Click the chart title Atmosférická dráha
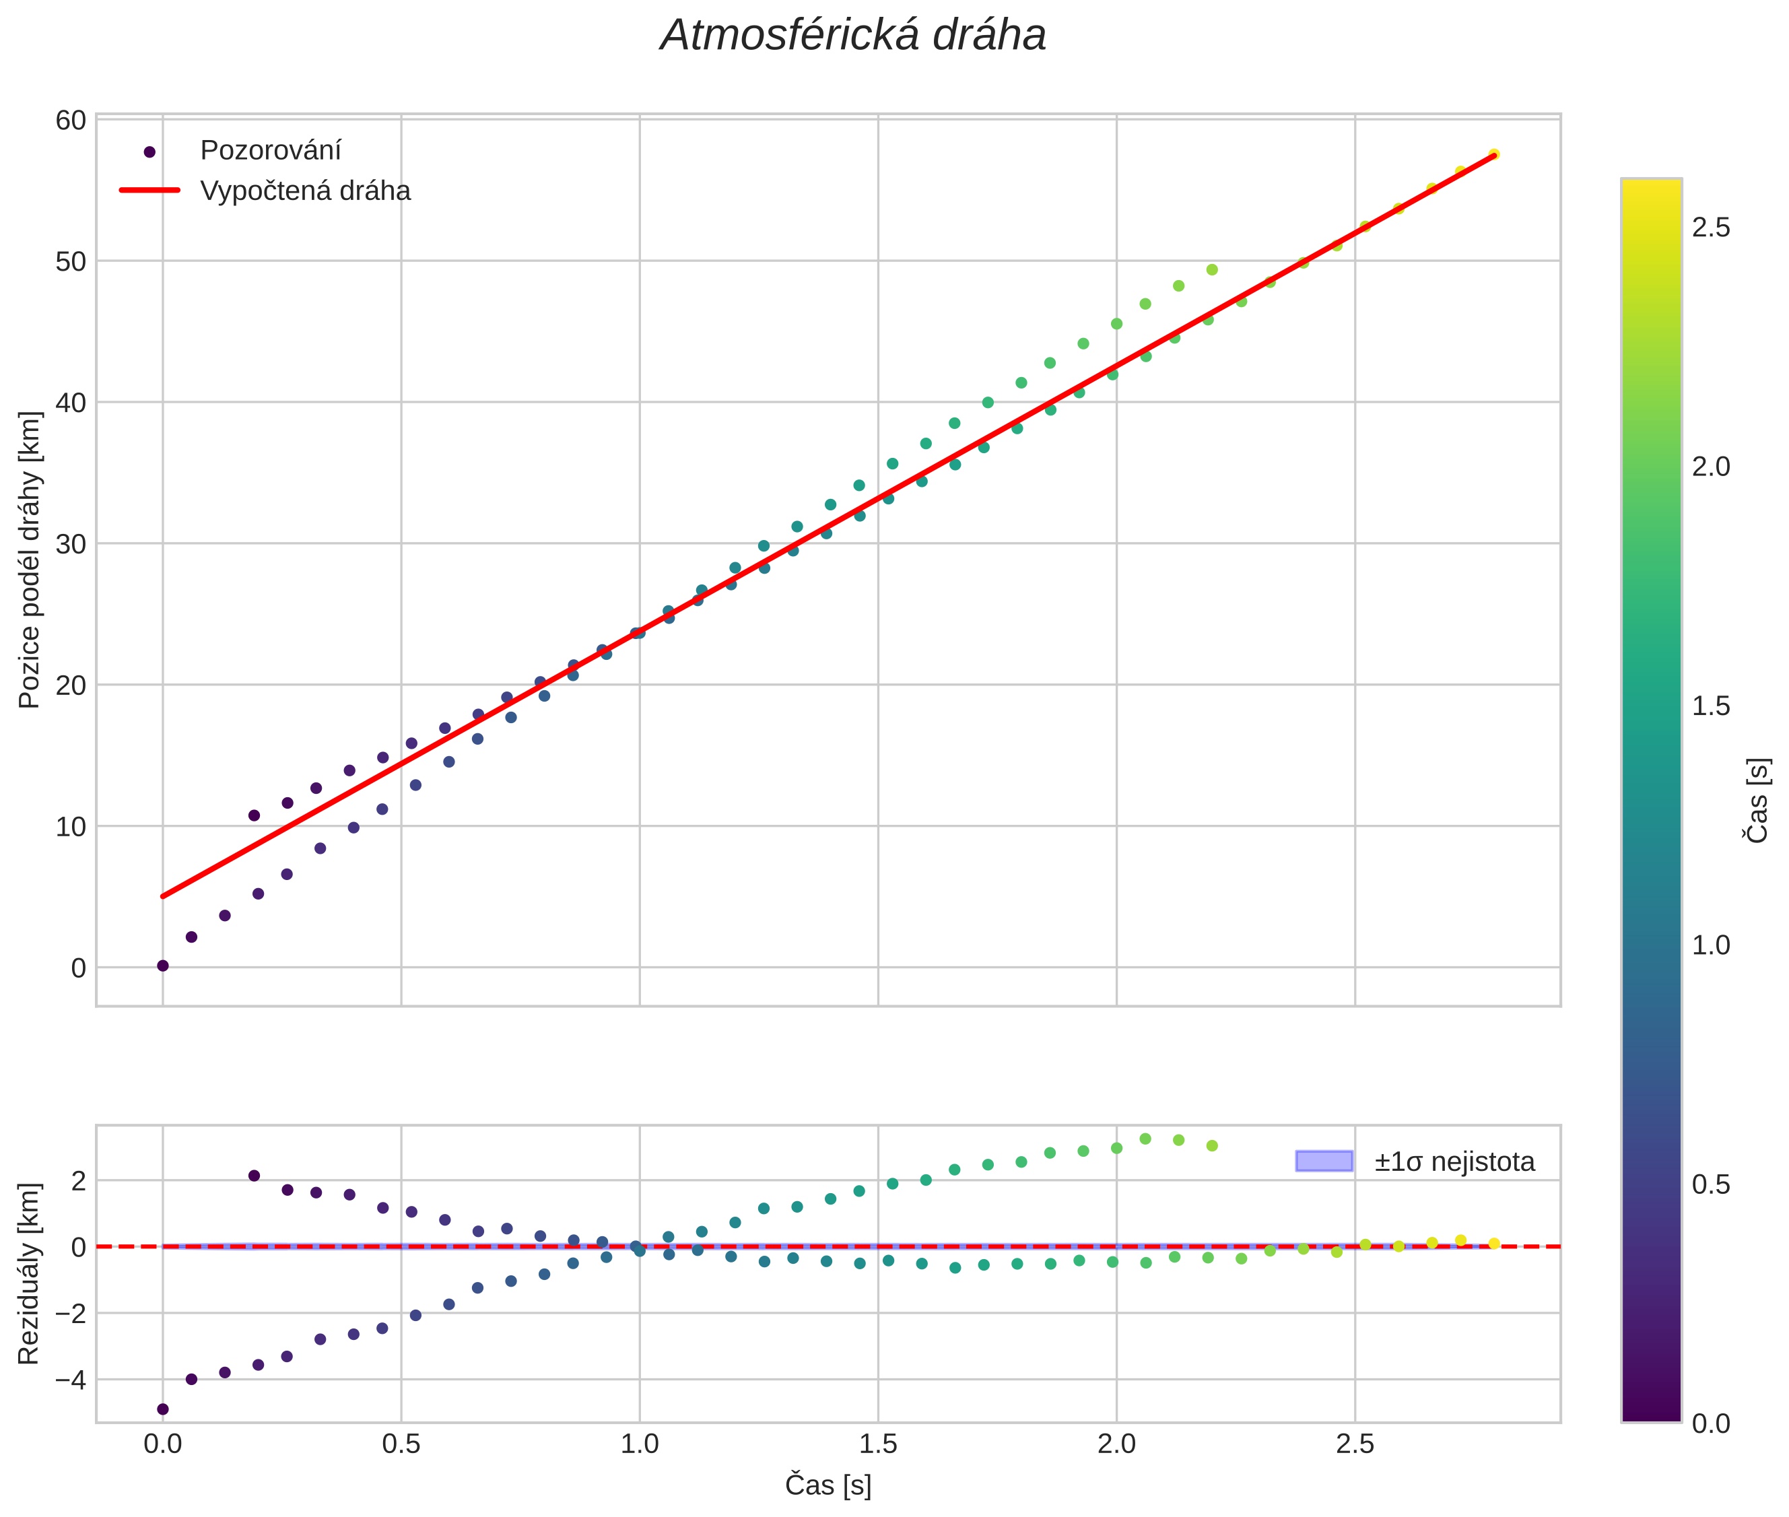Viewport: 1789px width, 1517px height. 852,36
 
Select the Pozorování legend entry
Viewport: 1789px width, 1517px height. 270,151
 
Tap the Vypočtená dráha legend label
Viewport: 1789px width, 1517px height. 305,191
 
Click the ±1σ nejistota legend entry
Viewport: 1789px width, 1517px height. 1454,1162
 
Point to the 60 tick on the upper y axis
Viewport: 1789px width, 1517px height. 71,121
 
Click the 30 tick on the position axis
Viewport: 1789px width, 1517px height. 71,544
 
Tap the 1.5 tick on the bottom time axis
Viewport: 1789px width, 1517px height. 877,1444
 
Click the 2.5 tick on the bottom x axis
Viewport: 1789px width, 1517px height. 1355,1444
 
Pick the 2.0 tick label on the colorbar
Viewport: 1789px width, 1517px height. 1711,467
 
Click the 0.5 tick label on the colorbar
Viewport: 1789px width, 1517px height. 1711,1185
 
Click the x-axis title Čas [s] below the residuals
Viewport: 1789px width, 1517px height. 828,1486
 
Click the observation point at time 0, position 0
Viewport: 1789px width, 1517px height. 162,966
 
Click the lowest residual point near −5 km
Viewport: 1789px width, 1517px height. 162,1409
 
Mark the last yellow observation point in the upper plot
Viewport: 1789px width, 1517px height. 1494,155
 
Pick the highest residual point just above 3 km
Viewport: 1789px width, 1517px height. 1145,1139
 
